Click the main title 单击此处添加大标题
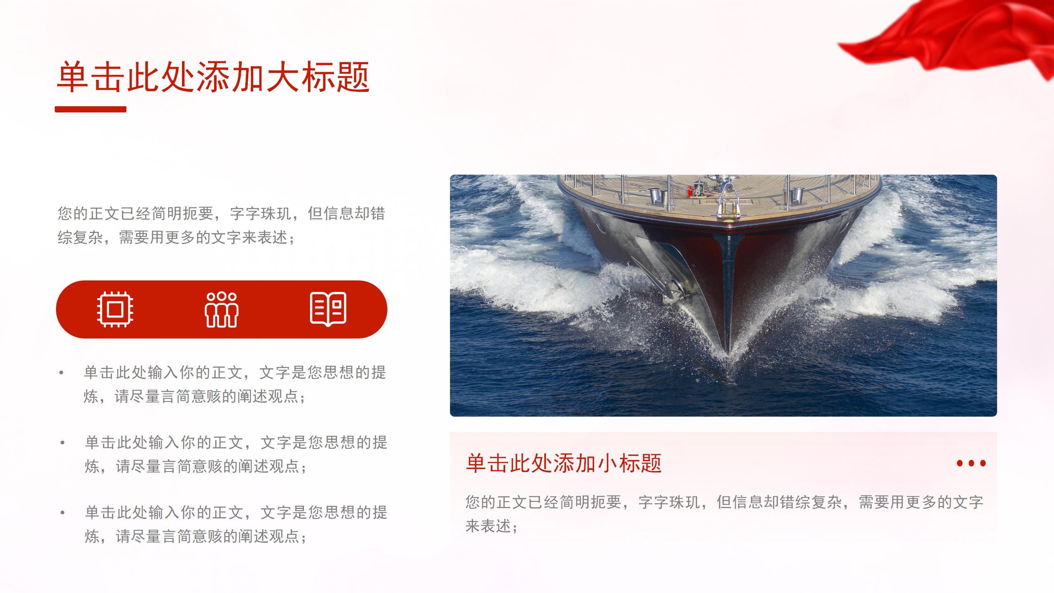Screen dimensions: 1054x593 click(x=213, y=77)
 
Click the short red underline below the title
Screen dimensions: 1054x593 click(x=91, y=109)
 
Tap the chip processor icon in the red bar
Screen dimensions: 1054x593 click(x=115, y=309)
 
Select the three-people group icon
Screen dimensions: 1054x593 click(x=222, y=310)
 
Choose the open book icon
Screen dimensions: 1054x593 click(x=328, y=309)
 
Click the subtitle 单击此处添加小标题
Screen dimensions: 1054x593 click(x=564, y=463)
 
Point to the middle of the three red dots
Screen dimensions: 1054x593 click(x=972, y=463)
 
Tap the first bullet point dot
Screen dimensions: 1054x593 click(x=62, y=373)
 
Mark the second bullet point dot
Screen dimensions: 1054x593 click(x=63, y=443)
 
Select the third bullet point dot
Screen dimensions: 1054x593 click(x=63, y=513)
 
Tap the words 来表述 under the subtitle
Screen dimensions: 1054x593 click(x=488, y=526)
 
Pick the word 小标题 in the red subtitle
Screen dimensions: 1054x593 click(x=630, y=463)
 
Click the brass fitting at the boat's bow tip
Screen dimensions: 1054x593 click(x=728, y=210)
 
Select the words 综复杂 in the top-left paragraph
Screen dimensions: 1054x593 click(x=80, y=237)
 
